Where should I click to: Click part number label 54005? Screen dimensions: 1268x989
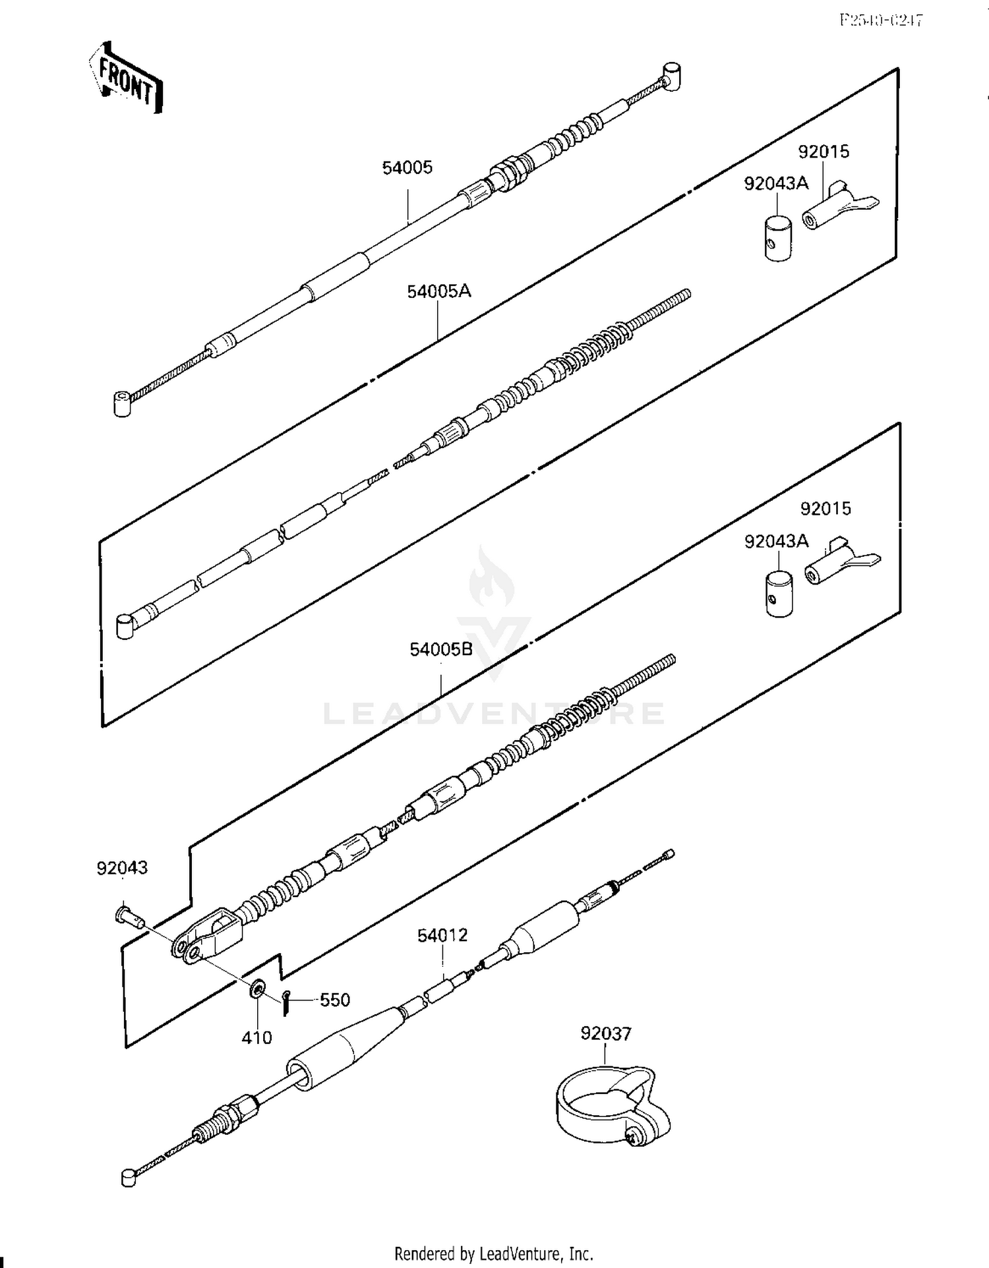[407, 167]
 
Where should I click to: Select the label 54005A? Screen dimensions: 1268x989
[438, 291]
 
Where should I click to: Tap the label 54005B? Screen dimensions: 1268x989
[441, 649]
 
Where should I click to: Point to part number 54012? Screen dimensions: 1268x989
[442, 935]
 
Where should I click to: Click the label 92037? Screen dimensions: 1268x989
[605, 1033]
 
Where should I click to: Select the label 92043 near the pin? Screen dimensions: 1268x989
[122, 868]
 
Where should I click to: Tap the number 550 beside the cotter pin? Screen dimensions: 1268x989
[334, 1000]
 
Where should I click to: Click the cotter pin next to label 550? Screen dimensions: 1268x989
[285, 1002]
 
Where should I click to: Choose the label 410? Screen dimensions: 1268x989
[256, 1038]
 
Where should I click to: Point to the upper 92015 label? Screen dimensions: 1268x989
[824, 152]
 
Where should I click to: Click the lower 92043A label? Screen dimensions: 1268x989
[776, 541]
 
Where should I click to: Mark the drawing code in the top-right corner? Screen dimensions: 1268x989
[881, 20]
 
